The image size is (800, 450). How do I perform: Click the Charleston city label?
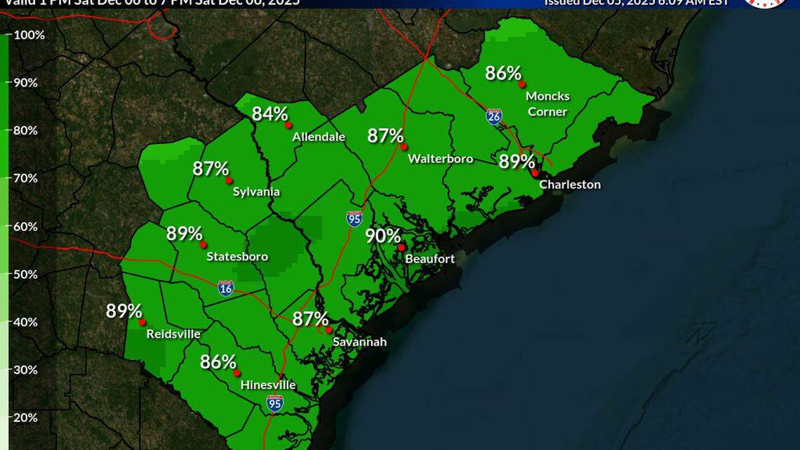[x=570, y=185]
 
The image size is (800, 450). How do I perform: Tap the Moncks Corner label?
[x=547, y=103]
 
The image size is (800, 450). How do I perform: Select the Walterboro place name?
[x=441, y=159]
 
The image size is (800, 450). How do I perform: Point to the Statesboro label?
[x=237, y=257]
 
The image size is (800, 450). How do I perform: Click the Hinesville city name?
[x=268, y=385]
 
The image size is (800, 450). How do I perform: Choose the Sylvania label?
[x=256, y=192]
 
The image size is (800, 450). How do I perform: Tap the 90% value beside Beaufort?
[x=383, y=237]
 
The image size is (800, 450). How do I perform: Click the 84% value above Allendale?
[x=270, y=114]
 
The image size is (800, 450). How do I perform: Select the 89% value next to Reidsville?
[x=124, y=311]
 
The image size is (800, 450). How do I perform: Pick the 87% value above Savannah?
[x=310, y=319]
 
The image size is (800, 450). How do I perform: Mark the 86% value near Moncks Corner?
[x=503, y=73]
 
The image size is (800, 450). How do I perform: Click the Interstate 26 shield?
[x=494, y=117]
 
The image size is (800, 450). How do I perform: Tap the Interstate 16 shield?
[x=225, y=288]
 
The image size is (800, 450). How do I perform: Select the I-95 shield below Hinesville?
[x=275, y=403]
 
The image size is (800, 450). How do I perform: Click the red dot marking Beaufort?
[x=401, y=247]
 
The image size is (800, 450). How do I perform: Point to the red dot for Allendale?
[x=288, y=125]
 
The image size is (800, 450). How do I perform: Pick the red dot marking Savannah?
[x=328, y=330]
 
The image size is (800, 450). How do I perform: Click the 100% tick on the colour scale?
[x=29, y=35]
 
